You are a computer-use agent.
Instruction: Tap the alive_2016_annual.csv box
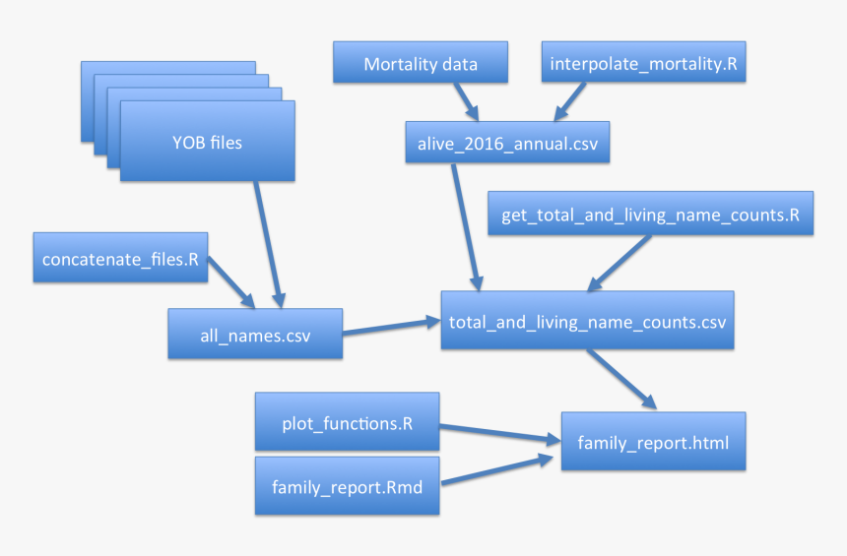pyautogui.click(x=508, y=144)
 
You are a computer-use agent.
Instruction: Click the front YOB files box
pyautogui.click(x=207, y=143)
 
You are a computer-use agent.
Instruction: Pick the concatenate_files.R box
pyautogui.click(x=120, y=260)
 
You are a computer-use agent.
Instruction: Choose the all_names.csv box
pyautogui.click(x=255, y=335)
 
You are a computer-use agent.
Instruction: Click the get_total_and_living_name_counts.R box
pyautogui.click(x=650, y=215)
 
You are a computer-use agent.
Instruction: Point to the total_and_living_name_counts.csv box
pyautogui.click(x=587, y=321)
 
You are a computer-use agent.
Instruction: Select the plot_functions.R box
pyautogui.click(x=346, y=424)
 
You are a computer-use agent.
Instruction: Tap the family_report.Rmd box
pyautogui.click(x=346, y=484)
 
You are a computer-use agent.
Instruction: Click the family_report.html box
pyautogui.click(x=653, y=443)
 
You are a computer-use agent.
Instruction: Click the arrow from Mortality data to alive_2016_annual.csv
pyautogui.click(x=464, y=100)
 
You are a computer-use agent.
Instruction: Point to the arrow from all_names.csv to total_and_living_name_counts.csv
pyautogui.click(x=391, y=324)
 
